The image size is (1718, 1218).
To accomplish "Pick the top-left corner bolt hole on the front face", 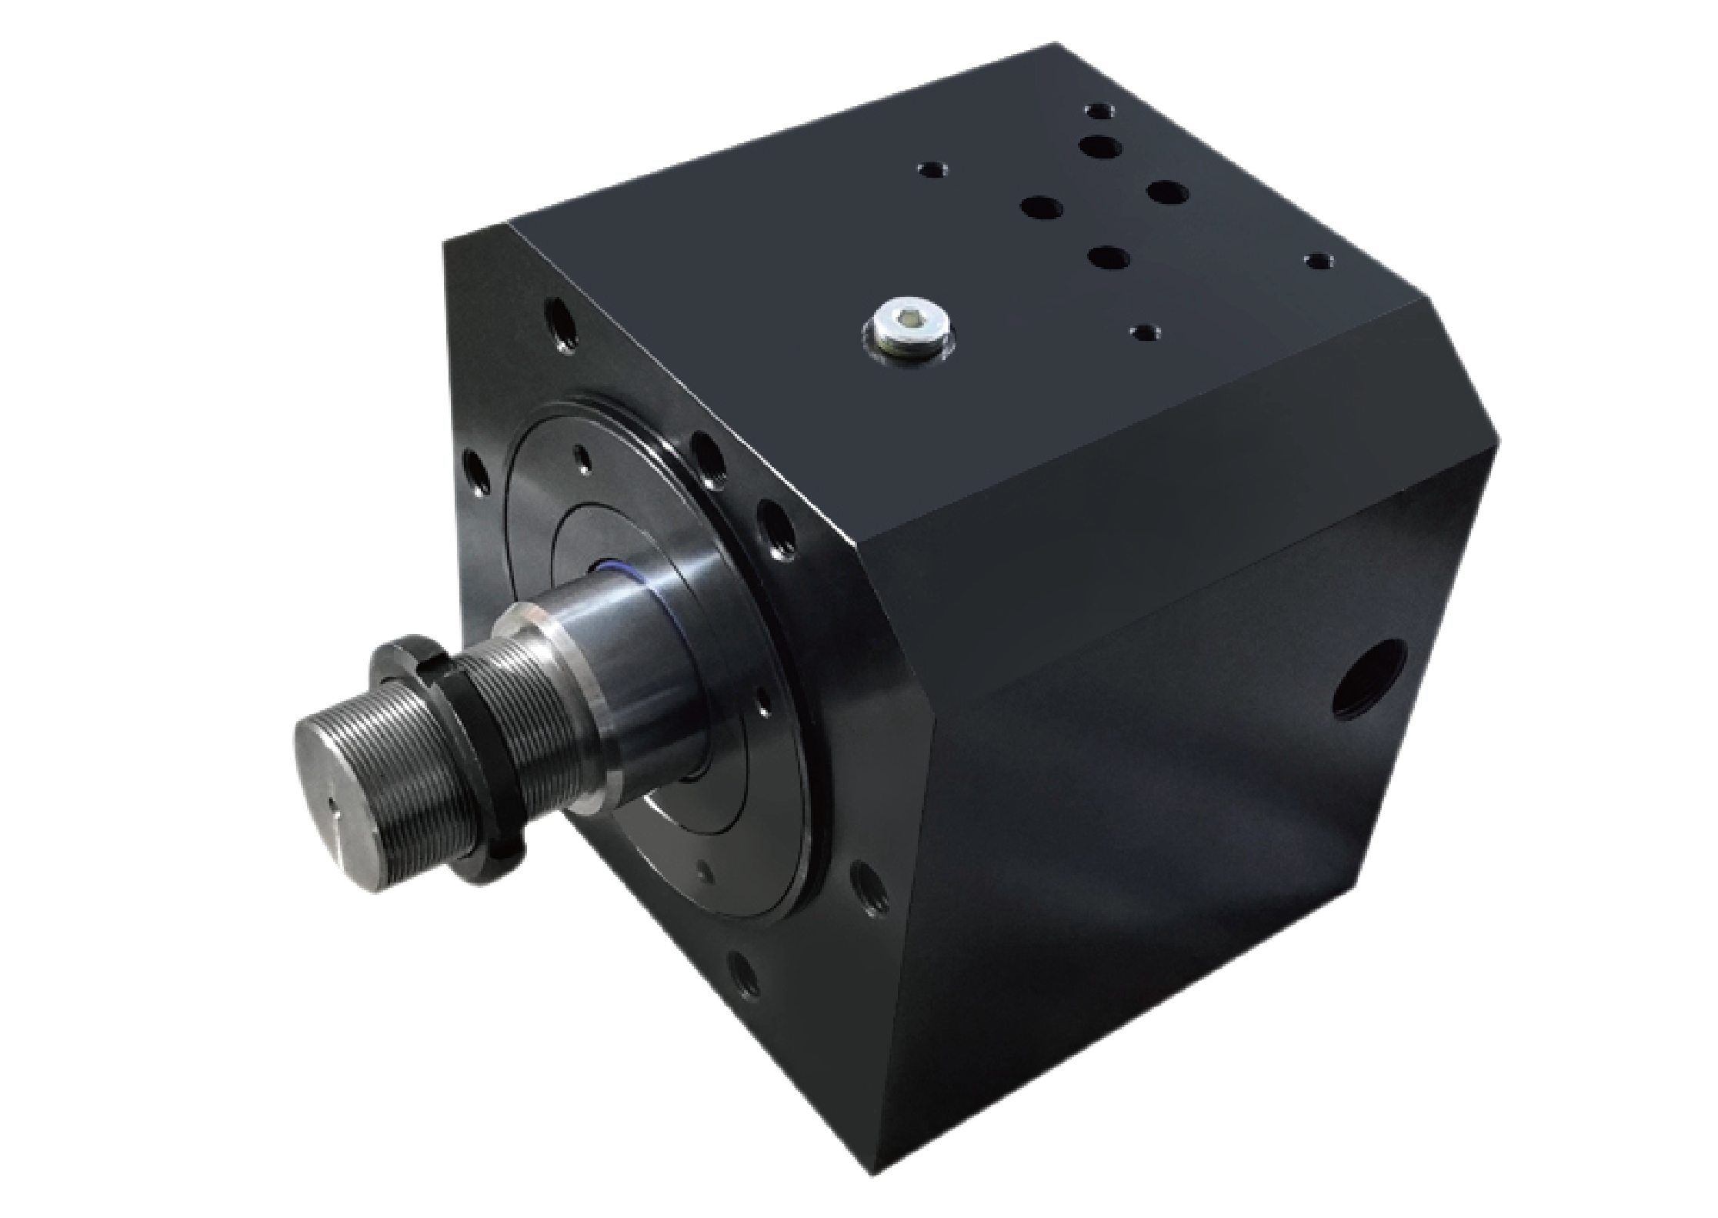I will tap(559, 322).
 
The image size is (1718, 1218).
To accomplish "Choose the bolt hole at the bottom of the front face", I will tap(742, 973).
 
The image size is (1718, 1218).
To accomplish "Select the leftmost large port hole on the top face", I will tap(1042, 207).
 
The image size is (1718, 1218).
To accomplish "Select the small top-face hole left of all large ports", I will tap(933, 169).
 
